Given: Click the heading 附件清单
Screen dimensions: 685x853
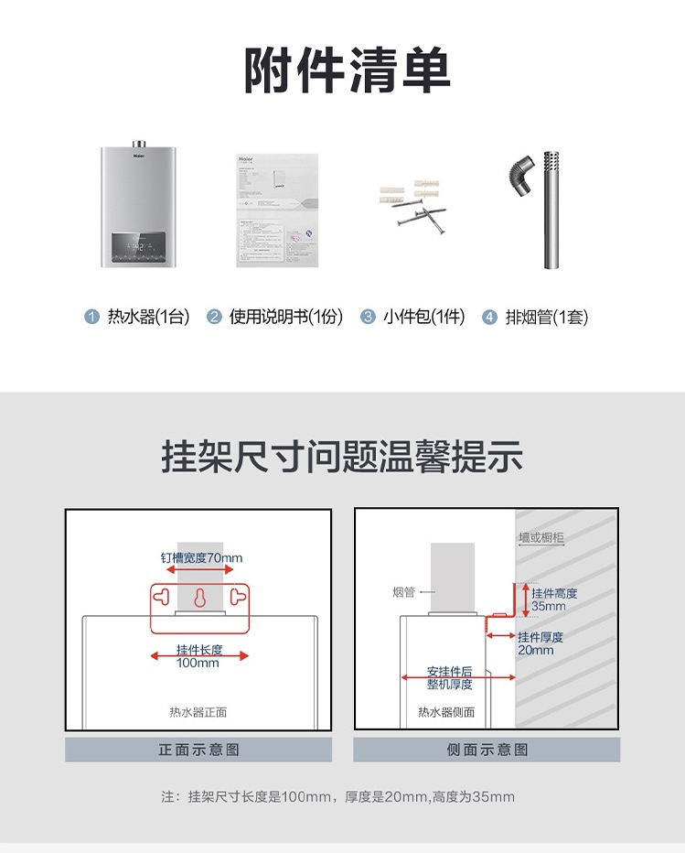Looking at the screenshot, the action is (347, 71).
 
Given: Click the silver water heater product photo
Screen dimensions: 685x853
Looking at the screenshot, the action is (137, 205).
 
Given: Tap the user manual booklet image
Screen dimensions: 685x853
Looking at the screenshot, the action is (277, 210).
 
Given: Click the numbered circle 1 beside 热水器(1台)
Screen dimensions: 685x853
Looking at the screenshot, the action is (91, 318).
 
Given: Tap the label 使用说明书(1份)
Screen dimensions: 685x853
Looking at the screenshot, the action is (286, 318).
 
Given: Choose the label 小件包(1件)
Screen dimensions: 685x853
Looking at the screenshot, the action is (424, 318).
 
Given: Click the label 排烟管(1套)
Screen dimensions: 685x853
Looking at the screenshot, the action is (547, 318).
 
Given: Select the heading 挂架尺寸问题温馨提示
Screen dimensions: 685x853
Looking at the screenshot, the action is (342, 456).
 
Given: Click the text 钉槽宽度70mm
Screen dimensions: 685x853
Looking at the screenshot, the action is (202, 557).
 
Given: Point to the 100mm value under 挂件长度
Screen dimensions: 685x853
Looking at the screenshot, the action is (198, 663).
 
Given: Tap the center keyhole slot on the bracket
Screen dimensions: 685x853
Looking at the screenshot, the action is (200, 599).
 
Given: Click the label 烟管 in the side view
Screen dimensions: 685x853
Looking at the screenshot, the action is (403, 592).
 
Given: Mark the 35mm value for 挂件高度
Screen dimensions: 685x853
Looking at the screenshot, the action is (549, 606).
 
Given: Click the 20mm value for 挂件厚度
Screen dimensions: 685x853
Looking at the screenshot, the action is (536, 650).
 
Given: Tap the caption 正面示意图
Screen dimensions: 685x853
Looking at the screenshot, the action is (198, 750).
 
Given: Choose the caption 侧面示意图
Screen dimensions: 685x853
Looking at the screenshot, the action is (487, 750).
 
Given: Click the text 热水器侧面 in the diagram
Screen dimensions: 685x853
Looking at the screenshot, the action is (446, 712).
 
